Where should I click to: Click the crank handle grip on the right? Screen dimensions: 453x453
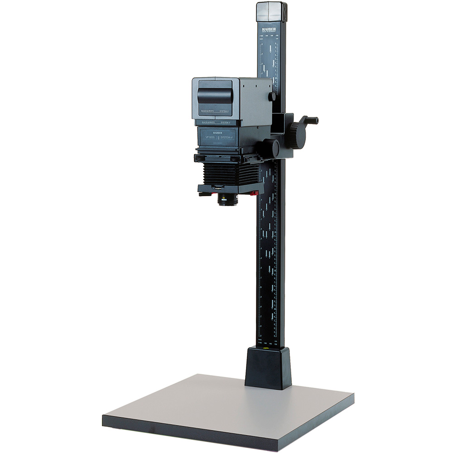click(312, 120)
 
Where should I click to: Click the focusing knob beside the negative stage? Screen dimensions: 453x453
click(271, 148)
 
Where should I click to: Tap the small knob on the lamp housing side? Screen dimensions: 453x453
click(272, 96)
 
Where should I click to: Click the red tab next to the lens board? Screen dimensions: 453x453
click(254, 193)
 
